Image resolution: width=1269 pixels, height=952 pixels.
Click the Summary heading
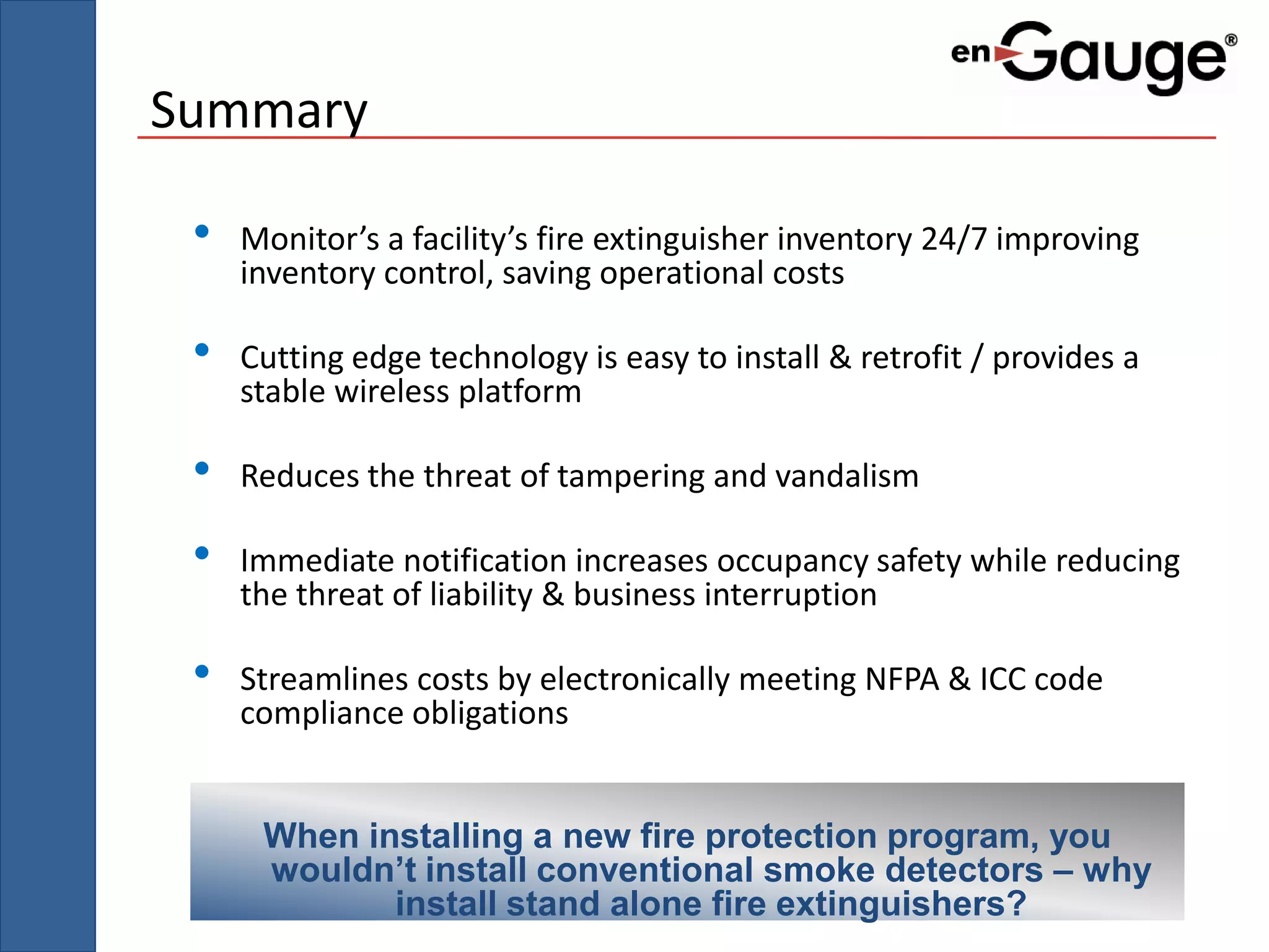[259, 110]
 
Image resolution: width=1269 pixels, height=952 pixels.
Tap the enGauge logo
[1094, 57]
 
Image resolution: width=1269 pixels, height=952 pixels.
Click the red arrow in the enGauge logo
[1008, 55]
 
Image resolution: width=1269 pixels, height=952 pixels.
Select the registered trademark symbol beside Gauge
[1231, 41]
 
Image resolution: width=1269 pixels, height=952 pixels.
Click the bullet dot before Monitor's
[201, 232]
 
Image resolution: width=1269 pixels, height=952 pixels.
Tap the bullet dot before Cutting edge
[201, 350]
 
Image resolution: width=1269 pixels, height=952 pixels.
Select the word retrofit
[911, 358]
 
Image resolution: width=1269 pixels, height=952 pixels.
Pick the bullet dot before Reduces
[201, 469]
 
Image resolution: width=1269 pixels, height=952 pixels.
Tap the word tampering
[630, 477]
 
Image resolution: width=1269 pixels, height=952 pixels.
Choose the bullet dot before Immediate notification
[201, 553]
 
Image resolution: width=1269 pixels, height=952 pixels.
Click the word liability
[481, 595]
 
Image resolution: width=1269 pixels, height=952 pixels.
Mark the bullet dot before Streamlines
[201, 671]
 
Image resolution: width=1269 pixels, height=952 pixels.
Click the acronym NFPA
[902, 679]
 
